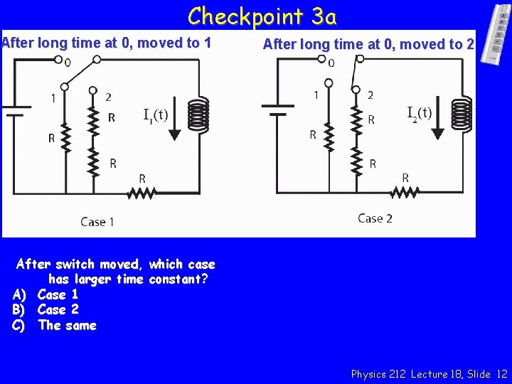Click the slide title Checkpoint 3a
pos(262,16)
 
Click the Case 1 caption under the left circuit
pos(98,222)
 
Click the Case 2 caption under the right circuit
pos(375,218)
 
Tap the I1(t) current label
pos(155,115)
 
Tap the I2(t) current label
pos(420,112)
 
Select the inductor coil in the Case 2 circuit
pos(461,114)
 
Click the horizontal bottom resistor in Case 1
pos(142,191)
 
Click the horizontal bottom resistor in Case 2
pos(405,191)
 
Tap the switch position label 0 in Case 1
pos(68,63)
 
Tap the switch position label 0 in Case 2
pos(331,63)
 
